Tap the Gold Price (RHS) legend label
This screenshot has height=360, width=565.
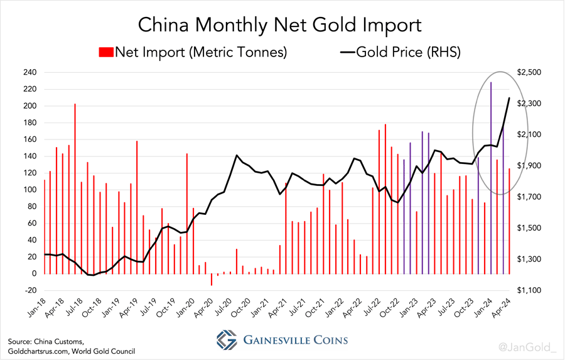409,52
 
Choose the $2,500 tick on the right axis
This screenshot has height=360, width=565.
528,72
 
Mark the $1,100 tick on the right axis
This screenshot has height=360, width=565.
528,290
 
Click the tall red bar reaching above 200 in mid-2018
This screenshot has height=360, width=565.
75,188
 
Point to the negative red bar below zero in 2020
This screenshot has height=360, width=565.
212,280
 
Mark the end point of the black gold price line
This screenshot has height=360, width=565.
508,98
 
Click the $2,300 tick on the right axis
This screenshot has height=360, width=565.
528,104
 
